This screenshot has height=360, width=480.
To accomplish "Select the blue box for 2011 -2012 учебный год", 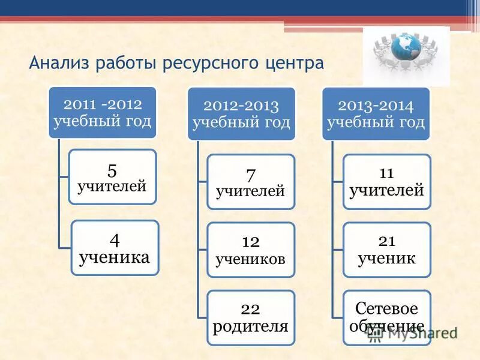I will tap(102, 113).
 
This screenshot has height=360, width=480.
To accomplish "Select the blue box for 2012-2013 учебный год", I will tap(241, 114).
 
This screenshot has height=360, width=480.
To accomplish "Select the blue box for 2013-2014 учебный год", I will tap(376, 114).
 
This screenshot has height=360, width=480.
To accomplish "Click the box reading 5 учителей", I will tap(112, 177).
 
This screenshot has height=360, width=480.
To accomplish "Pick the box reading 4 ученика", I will tap(115, 248).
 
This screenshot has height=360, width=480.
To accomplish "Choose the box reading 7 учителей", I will tap(251, 182).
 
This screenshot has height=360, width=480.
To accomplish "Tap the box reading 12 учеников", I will tap(251, 250).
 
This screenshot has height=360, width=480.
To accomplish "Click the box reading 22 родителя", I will tap(251, 317).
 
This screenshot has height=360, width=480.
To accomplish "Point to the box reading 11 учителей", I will tap(386, 182).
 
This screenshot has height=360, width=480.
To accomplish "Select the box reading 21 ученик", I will tap(386, 250).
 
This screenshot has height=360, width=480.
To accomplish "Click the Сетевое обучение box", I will tap(386, 317).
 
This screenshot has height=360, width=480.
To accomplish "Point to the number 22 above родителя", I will tap(250, 309).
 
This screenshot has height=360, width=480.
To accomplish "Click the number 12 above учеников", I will tap(250, 241).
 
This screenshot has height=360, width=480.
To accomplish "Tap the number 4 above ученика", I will tap(115, 239).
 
